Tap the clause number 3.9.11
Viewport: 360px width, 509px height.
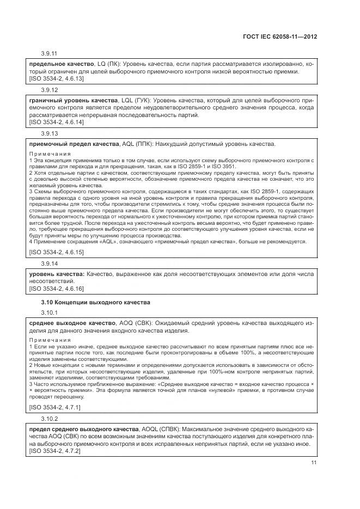click(49, 53)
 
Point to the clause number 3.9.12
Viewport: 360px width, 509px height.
click(49, 89)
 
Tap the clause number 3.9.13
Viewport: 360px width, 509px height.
click(49, 133)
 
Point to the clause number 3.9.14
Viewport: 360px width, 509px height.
click(49, 263)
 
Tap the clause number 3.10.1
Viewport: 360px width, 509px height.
click(49, 312)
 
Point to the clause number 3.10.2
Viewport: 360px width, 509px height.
click(49, 418)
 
